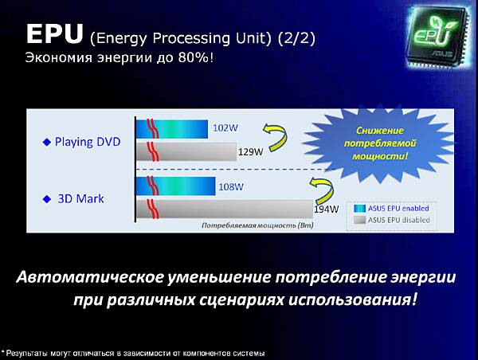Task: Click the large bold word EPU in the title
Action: [x=54, y=33]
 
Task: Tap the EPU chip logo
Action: [x=437, y=37]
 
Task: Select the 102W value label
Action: [x=225, y=127]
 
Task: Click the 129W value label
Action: [x=250, y=152]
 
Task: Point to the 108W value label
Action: [x=231, y=186]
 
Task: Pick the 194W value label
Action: [x=327, y=209]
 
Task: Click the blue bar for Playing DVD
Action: [x=172, y=129]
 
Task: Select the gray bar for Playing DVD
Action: [x=186, y=151]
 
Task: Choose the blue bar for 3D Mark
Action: [x=176, y=186]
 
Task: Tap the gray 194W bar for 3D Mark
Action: [x=225, y=209]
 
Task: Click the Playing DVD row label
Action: [x=88, y=142]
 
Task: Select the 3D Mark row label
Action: [x=80, y=199]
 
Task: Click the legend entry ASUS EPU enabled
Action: [x=391, y=208]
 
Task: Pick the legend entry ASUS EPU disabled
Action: [x=392, y=220]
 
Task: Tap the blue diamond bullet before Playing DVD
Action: [x=47, y=142]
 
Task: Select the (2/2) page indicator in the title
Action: [x=296, y=38]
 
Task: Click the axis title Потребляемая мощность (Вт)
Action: [x=257, y=225]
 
